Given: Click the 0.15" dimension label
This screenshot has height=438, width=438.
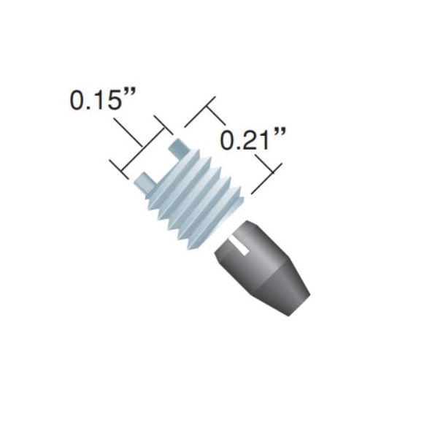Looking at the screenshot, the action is pyautogui.click(x=102, y=100).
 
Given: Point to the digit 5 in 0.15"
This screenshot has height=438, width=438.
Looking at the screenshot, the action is pyautogui.click(x=113, y=100).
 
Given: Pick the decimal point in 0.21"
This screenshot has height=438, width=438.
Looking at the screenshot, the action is pyautogui.click(x=234, y=147).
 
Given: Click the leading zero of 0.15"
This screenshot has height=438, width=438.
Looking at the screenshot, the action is pyautogui.click(x=78, y=100).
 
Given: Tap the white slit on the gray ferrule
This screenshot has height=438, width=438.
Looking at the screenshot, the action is pyautogui.click(x=239, y=245).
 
